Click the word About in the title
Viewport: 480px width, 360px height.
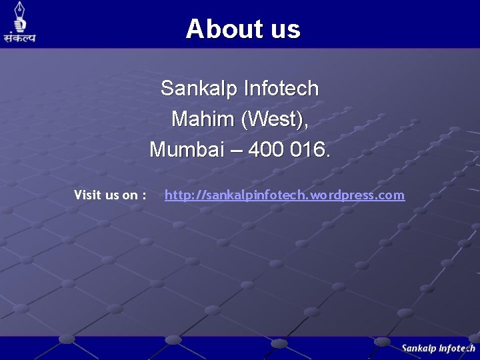point(217,29)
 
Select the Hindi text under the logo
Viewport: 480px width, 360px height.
point(19,37)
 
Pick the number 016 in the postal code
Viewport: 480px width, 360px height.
point(311,149)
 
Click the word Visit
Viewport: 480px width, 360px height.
point(87,195)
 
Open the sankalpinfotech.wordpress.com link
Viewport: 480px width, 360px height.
point(285,195)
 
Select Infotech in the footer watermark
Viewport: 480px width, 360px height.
point(458,348)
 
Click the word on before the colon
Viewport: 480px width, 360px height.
point(129,195)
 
